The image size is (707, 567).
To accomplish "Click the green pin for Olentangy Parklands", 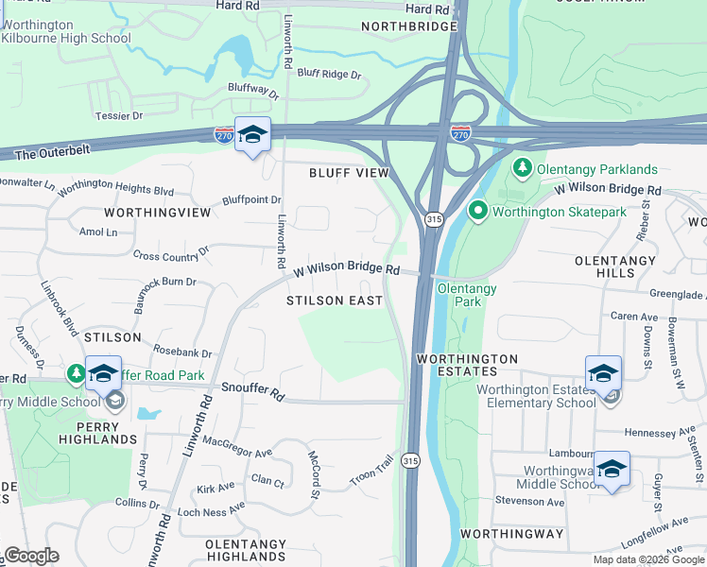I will (x=521, y=169).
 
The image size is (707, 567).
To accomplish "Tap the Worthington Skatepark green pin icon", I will (x=478, y=211).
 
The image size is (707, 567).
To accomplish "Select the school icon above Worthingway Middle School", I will (x=612, y=469).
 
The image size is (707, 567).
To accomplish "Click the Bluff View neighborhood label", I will (x=349, y=173).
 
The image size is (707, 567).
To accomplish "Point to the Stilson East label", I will (x=335, y=301).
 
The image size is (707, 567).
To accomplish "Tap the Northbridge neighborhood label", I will (x=408, y=27).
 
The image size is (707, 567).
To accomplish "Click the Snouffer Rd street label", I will (x=252, y=388).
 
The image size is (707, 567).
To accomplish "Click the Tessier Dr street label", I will (x=118, y=115).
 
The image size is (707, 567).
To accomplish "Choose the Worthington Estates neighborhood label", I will (x=468, y=367).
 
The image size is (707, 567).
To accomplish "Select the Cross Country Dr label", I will (x=171, y=254).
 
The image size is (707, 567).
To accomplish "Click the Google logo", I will (x=31, y=555).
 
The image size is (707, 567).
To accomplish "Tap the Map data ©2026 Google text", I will (x=647, y=559).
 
